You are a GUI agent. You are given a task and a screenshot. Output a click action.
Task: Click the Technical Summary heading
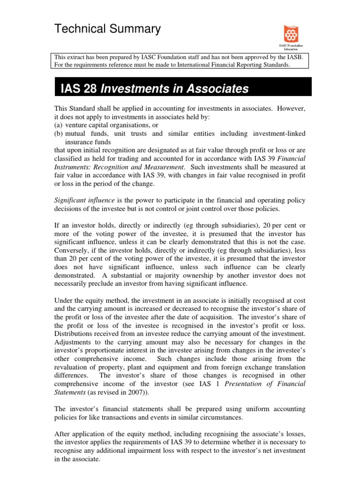click(x=107, y=29)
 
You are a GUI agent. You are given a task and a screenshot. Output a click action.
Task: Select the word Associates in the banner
click(x=211, y=89)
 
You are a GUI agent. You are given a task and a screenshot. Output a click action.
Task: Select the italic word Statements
click(x=71, y=392)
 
